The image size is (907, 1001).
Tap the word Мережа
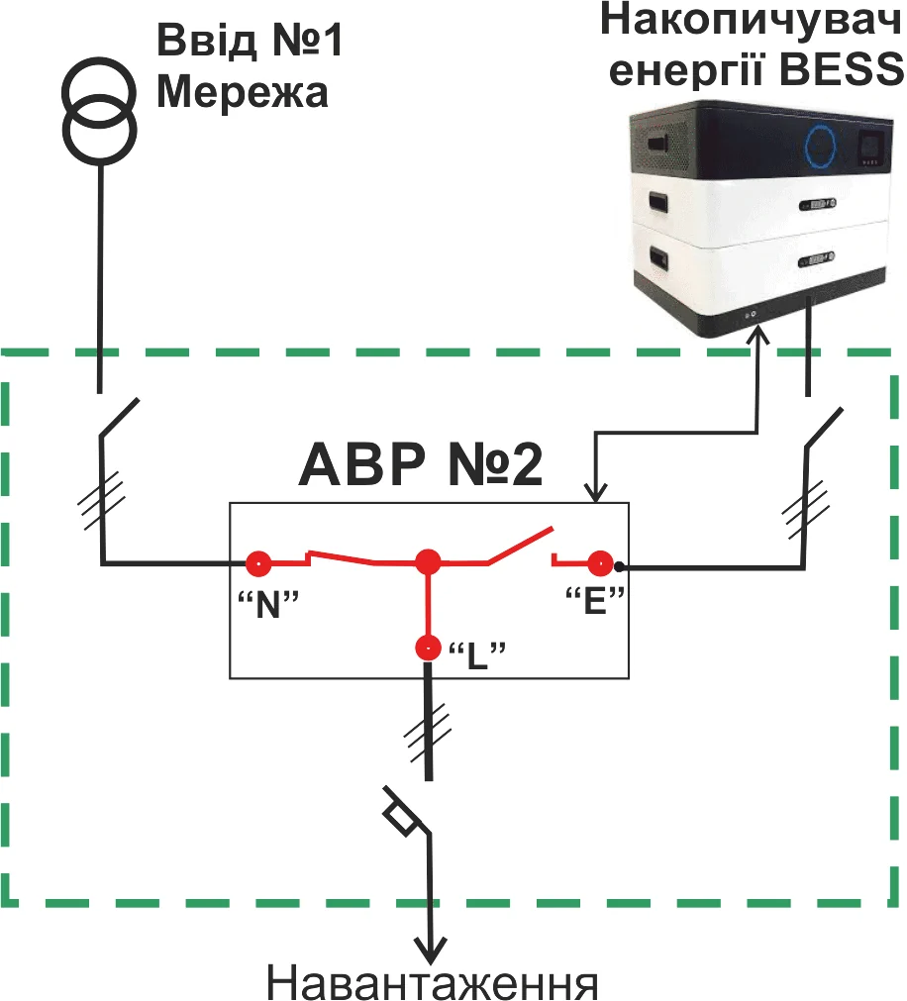click(243, 93)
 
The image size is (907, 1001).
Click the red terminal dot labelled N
click(258, 563)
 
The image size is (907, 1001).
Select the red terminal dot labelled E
click(600, 563)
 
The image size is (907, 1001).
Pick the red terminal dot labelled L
click(428, 648)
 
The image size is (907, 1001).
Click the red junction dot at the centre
click(428, 562)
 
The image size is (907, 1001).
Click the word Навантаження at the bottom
click(432, 983)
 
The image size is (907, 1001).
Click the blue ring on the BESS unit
click(820, 146)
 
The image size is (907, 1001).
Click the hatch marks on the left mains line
click(101, 501)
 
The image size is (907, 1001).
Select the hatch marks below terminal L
click(429, 733)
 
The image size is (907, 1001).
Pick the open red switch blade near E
click(520, 546)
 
